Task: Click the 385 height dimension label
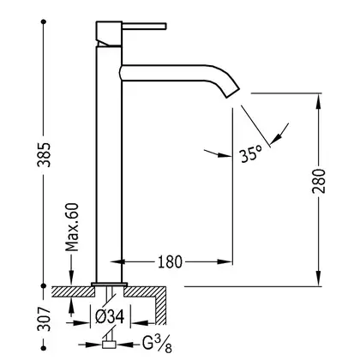pyautogui.click(x=45, y=154)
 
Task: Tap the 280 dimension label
pyautogui.click(x=319, y=181)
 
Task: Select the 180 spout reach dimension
pyautogui.click(x=170, y=262)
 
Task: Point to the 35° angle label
pyautogui.click(x=251, y=154)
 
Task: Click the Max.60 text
pyautogui.click(x=72, y=227)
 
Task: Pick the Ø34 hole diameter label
pyautogui.click(x=110, y=317)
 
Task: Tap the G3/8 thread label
pyautogui.click(x=157, y=344)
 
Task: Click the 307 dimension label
pyautogui.click(x=44, y=320)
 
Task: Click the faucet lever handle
pyautogui.click(x=144, y=26)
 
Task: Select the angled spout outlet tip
pyautogui.click(x=232, y=93)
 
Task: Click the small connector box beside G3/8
pyautogui.click(x=109, y=345)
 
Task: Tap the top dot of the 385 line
pyautogui.click(x=44, y=21)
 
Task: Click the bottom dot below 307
pyautogui.click(x=44, y=348)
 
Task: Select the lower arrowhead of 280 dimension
pyautogui.click(x=318, y=278)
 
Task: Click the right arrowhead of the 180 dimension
pyautogui.click(x=225, y=261)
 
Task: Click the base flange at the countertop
pyautogui.click(x=109, y=285)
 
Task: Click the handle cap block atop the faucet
pyautogui.click(x=109, y=33)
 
